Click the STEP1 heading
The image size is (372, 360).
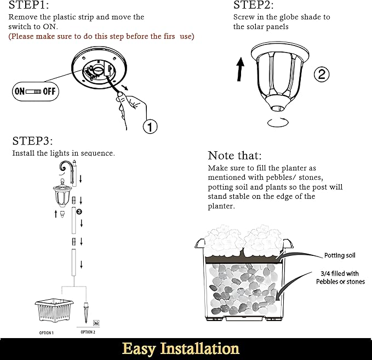tap(28, 5)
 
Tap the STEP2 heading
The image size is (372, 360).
tap(253, 5)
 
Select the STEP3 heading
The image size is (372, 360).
tap(32, 141)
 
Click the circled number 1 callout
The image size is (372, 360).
tap(150, 126)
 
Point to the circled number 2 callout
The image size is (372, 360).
tap(322, 75)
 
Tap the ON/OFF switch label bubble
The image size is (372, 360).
tap(36, 92)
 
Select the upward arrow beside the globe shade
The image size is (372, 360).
tap(241, 69)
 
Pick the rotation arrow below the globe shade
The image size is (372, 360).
tap(278, 122)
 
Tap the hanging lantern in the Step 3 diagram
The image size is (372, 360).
tap(62, 193)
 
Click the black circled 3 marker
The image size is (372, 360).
tap(79, 212)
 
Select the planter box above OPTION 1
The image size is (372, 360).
tap(54, 310)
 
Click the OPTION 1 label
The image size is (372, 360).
tap(46, 333)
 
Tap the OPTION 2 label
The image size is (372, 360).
tap(88, 332)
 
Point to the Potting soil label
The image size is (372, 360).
tap(340, 255)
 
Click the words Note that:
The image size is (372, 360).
tap(234, 156)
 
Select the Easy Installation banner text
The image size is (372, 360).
tap(181, 349)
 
